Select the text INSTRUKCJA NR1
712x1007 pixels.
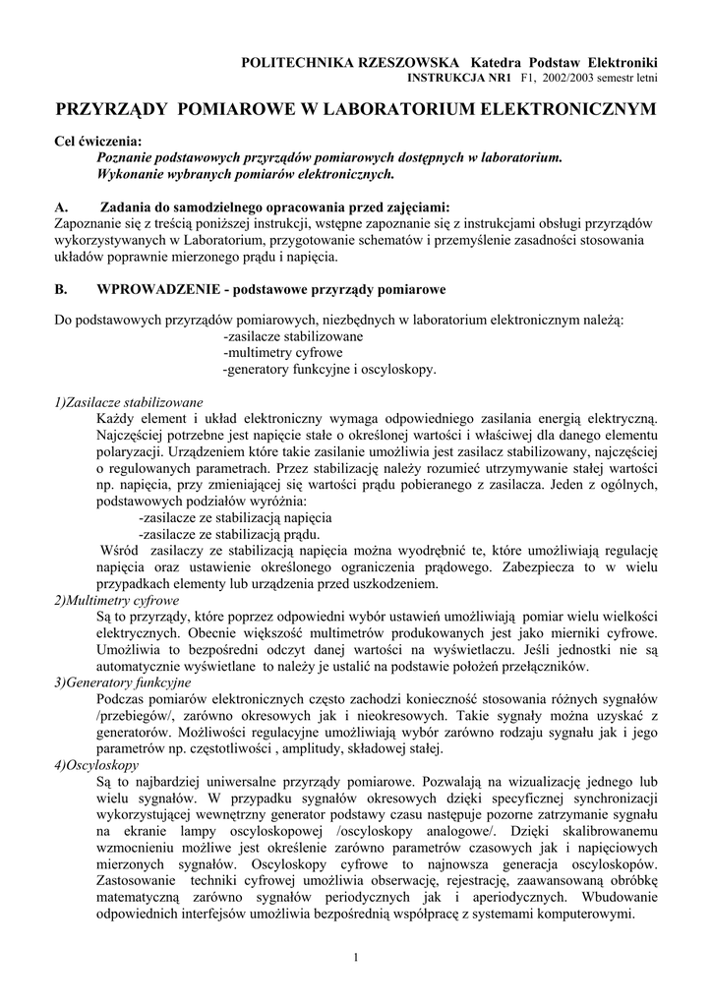[x=455, y=76]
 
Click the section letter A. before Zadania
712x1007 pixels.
[x=61, y=207]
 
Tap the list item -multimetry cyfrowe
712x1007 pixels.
[x=283, y=352]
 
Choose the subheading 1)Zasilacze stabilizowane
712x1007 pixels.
[x=128, y=402]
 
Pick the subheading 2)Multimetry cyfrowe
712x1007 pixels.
[x=116, y=600]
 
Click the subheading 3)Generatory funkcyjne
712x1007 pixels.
[x=122, y=682]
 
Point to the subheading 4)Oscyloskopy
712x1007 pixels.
[x=96, y=764]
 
